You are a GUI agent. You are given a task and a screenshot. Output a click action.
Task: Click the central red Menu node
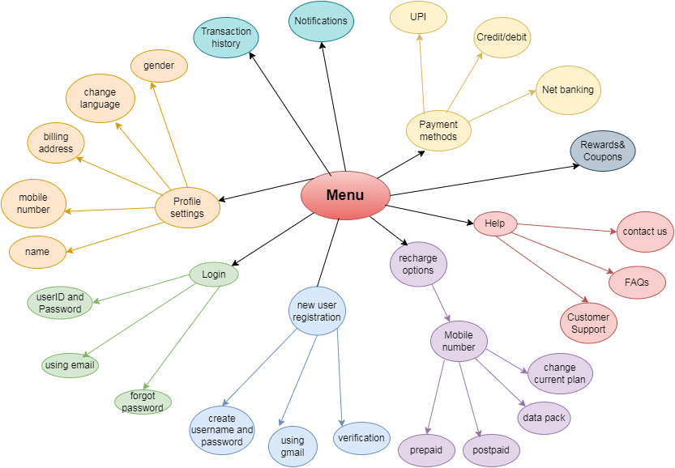click(345, 195)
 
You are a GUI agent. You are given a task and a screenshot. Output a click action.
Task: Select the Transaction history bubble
click(226, 38)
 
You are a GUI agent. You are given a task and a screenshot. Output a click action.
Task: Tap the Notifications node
click(321, 22)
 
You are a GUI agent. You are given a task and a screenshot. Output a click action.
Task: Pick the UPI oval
click(418, 16)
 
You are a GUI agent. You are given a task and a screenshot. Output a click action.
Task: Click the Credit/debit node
click(502, 36)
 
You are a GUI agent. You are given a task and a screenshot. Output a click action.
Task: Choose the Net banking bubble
click(567, 90)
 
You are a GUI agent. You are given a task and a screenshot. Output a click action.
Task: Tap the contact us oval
click(645, 232)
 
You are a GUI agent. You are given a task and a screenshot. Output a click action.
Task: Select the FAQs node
click(637, 282)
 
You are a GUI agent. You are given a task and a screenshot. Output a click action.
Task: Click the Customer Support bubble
click(588, 323)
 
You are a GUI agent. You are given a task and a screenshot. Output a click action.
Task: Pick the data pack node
click(545, 418)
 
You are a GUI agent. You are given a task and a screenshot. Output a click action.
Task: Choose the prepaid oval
click(426, 450)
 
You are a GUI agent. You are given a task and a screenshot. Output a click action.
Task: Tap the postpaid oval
click(491, 450)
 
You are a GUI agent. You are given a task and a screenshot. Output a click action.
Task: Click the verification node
click(361, 438)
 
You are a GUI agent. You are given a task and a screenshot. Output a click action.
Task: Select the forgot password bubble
click(143, 402)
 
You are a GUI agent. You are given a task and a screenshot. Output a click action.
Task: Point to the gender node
click(159, 65)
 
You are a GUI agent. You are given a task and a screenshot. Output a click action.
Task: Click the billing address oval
click(58, 143)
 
